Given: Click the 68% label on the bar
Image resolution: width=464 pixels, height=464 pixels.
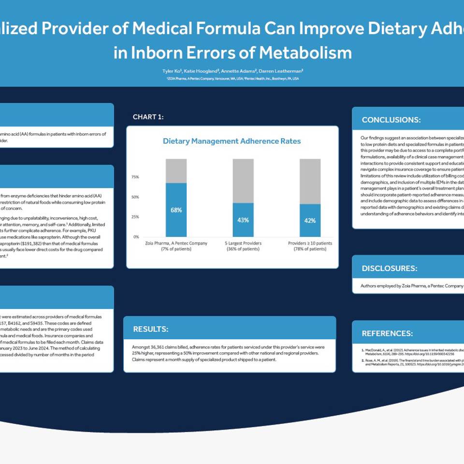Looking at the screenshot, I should click(176, 210).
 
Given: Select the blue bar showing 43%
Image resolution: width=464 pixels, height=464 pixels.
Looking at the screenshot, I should click(243, 220).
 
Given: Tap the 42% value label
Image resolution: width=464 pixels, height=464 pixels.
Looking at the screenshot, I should click(310, 220).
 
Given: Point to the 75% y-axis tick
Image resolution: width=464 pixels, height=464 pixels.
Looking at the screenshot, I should click(135, 177).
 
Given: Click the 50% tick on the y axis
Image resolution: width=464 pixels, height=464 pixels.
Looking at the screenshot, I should click(135, 197).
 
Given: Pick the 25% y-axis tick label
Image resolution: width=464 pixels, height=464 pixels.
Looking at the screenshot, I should click(135, 217).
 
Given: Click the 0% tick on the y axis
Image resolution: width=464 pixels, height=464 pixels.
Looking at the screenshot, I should click(136, 237).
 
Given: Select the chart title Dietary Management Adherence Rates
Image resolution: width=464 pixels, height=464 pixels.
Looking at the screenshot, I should click(232, 141).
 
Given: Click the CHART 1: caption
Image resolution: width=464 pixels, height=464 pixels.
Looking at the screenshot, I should click(151, 117).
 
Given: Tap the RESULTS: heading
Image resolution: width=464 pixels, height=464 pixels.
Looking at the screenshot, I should click(151, 329).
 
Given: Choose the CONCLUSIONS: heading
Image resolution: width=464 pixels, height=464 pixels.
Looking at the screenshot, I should click(391, 120).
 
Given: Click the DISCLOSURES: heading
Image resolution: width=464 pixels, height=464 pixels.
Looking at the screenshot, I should click(389, 268).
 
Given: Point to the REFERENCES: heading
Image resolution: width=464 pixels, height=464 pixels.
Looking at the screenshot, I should click(387, 333).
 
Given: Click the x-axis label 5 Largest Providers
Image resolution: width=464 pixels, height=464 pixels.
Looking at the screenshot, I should click(243, 243).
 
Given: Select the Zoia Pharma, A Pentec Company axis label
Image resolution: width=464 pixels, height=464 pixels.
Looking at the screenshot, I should click(176, 243).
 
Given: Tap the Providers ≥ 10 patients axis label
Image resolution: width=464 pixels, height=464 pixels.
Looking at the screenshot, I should click(310, 243).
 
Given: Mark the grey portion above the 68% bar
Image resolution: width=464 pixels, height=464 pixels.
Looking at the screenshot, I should click(176, 171).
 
